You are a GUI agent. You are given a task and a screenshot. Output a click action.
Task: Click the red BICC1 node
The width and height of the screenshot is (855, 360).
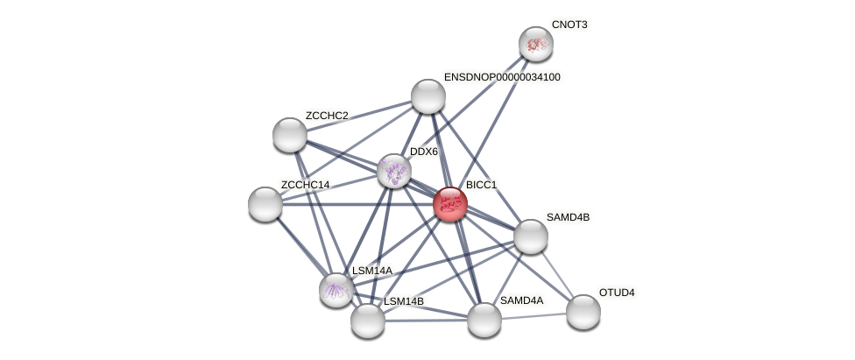(x=449, y=204)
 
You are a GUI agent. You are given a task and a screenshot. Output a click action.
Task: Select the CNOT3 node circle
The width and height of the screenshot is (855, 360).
(x=535, y=44)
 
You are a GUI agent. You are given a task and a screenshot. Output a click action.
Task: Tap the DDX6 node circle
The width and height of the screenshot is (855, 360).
(x=394, y=170)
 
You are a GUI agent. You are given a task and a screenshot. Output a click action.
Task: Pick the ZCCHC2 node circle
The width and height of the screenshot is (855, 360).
(x=290, y=135)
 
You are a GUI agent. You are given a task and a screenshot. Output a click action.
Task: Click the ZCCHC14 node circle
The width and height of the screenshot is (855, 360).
(x=265, y=204)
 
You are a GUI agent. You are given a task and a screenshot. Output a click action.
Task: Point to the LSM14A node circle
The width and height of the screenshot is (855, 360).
(x=336, y=289)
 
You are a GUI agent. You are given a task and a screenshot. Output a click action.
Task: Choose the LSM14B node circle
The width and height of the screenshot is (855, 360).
(x=368, y=320)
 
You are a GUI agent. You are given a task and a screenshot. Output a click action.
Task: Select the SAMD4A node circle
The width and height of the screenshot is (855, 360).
(x=484, y=319)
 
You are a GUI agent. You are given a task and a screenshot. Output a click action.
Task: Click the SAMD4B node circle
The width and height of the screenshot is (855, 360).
(x=531, y=236)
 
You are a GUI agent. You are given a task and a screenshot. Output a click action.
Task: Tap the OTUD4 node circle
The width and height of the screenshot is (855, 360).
(x=583, y=311)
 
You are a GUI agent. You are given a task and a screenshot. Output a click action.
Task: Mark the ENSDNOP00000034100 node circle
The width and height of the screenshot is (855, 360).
(x=428, y=96)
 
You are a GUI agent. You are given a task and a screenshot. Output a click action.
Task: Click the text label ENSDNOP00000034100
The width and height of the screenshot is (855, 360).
(x=502, y=77)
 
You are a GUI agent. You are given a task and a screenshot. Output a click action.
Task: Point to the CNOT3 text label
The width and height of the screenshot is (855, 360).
(x=569, y=25)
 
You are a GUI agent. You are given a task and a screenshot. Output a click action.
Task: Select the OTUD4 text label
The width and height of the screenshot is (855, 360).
(x=617, y=293)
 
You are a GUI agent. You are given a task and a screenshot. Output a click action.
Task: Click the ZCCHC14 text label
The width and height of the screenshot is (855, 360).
(x=305, y=185)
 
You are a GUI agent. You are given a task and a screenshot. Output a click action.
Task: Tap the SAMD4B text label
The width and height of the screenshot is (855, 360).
(x=568, y=217)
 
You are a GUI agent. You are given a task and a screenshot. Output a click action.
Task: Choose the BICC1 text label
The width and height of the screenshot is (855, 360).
(x=481, y=185)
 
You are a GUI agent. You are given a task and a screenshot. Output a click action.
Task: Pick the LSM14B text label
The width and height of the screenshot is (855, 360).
(x=404, y=301)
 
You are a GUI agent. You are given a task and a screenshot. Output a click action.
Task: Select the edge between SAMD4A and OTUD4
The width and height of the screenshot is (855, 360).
(x=533, y=315)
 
